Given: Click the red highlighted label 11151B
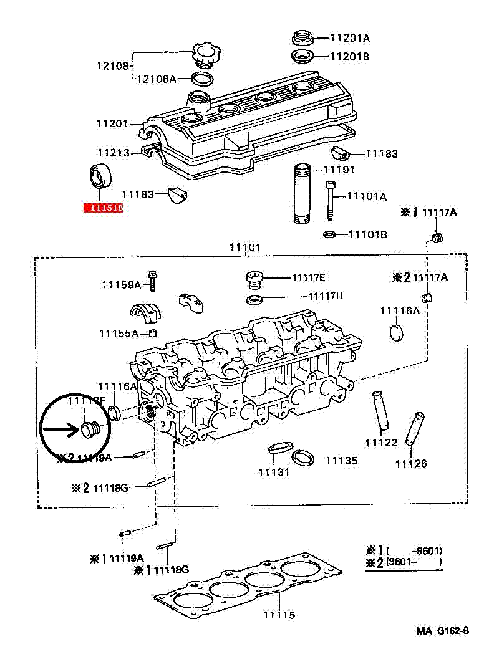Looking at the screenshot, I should [x=103, y=208].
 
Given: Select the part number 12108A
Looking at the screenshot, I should [x=156, y=79].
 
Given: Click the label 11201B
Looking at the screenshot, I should [x=349, y=57].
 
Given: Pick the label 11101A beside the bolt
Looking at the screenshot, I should [x=366, y=196].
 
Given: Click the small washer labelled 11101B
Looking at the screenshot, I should [x=330, y=234].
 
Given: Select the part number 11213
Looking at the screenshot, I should [x=113, y=152].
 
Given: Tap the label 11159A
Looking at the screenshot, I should [x=122, y=285].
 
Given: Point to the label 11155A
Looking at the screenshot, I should [x=119, y=333].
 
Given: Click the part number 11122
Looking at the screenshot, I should [x=381, y=443].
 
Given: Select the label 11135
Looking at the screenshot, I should [x=342, y=461].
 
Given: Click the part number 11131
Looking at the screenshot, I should [x=274, y=472].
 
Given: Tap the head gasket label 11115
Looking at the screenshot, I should [x=279, y=615].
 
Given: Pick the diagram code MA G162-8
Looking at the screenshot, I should [x=442, y=631].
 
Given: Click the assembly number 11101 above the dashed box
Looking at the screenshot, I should [x=245, y=247].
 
